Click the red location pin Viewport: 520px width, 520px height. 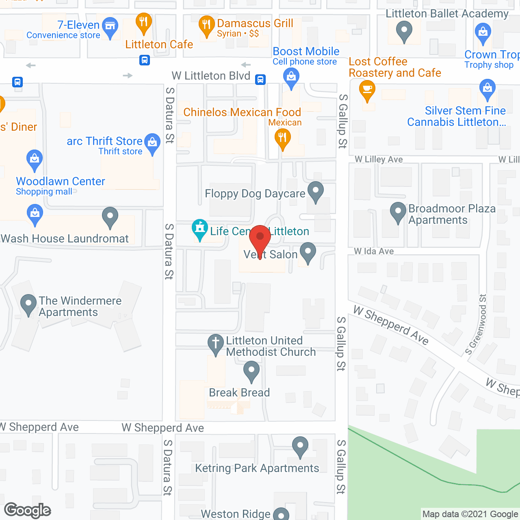(260, 238)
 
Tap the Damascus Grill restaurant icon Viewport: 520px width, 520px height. (206, 25)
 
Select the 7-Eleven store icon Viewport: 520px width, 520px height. (110, 26)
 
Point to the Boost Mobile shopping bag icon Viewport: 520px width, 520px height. (291, 77)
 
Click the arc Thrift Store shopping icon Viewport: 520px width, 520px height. (152, 143)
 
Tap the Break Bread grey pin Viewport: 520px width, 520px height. (251, 371)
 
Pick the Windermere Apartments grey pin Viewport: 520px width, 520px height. (28, 304)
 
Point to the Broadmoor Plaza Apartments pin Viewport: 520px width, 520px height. (398, 212)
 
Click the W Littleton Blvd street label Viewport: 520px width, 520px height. (211, 76)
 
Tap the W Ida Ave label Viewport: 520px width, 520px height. (374, 251)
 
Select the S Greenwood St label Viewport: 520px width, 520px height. (476, 325)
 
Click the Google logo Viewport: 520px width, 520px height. (28, 510)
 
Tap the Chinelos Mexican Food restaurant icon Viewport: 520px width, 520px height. (282, 138)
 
